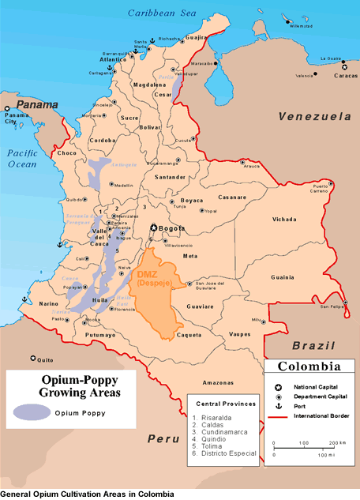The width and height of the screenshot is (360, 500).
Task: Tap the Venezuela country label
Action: pyautogui.click(x=314, y=116)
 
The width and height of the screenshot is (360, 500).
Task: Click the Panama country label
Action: pyautogui.click(x=38, y=104)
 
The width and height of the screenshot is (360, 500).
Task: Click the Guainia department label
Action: pyautogui.click(x=282, y=277)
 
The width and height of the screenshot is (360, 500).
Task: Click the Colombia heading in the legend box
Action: pyautogui.click(x=309, y=367)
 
